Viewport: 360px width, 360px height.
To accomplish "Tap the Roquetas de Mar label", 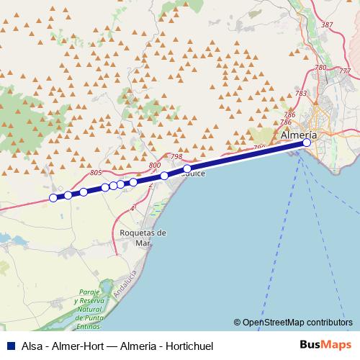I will (x=143, y=238).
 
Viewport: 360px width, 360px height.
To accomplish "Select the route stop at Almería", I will (x=307, y=143).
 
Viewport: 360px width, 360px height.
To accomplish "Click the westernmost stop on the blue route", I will (x=53, y=198).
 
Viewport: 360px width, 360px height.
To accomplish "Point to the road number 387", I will (x=328, y=25).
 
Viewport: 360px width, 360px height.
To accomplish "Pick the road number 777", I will (x=345, y=71).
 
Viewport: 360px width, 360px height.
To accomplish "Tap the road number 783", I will (x=301, y=94).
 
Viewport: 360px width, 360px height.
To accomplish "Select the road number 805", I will (x=98, y=173).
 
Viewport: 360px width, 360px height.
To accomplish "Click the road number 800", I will (x=155, y=166).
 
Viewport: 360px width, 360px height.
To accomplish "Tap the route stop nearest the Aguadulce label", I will (x=187, y=168).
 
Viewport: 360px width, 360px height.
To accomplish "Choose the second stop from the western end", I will (x=68, y=195).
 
